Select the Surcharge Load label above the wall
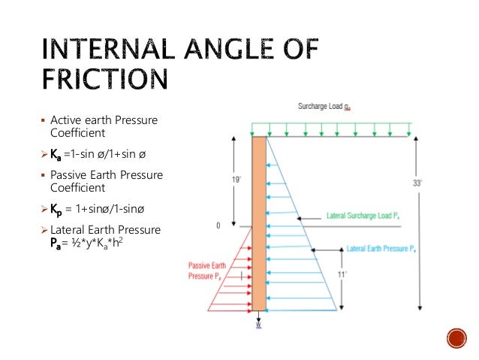click(x=319, y=107)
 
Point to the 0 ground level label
click(x=217, y=225)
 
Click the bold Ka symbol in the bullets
click(x=55, y=155)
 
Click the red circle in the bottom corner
click(x=456, y=338)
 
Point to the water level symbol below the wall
click(x=258, y=325)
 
